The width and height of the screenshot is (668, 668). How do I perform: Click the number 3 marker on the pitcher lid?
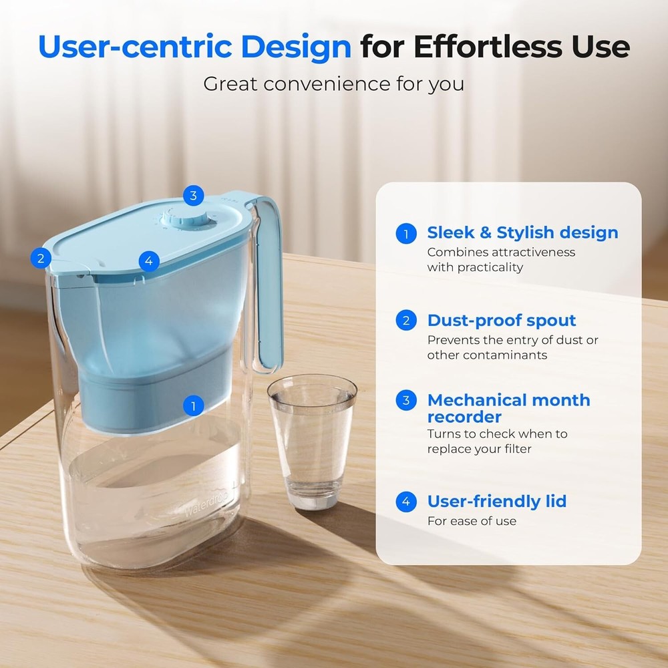click(193, 196)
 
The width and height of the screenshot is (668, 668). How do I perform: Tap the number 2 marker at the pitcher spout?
click(41, 257)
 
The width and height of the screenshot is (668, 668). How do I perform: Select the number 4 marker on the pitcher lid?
click(148, 261)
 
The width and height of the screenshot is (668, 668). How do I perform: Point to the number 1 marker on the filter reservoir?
click(193, 405)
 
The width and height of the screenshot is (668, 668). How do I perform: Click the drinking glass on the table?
click(312, 441)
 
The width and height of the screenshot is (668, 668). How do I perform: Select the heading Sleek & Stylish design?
click(522, 233)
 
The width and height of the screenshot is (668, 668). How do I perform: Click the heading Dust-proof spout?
click(502, 321)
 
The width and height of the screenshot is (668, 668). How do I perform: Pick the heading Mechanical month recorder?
click(508, 408)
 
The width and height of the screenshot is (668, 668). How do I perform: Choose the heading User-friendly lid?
click(496, 502)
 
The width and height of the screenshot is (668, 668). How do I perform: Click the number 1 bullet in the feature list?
click(405, 234)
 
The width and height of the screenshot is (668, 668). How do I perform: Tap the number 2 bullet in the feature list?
click(405, 321)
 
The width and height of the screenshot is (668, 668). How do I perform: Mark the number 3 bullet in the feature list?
click(405, 401)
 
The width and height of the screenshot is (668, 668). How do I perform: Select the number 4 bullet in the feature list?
click(405, 502)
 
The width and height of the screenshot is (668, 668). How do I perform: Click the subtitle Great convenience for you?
click(333, 85)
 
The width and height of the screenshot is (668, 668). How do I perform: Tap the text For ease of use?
click(472, 521)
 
